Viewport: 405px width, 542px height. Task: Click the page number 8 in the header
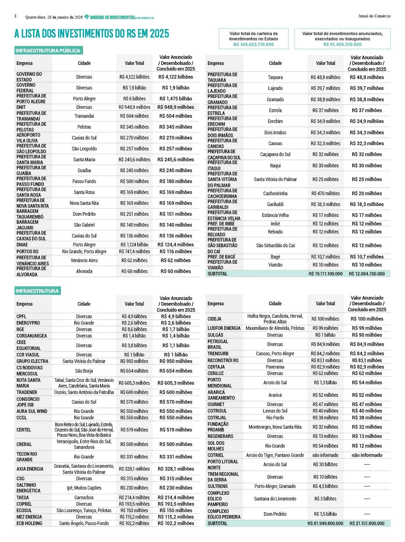point(15,16)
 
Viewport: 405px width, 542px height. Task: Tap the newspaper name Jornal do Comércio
point(374,16)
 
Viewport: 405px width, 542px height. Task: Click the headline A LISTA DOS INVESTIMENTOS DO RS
point(92,33)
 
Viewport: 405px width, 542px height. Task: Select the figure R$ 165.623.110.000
point(254,44)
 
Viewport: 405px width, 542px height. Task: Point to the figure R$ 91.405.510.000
point(342,44)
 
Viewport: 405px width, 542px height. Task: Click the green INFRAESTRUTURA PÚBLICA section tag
point(48,50)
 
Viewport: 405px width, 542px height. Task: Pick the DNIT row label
point(21,107)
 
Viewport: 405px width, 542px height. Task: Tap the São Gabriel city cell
point(84,225)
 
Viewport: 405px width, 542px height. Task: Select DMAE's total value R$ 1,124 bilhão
point(134,245)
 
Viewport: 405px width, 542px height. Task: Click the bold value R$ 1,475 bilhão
point(176,99)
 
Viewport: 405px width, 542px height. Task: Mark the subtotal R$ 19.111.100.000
point(325,274)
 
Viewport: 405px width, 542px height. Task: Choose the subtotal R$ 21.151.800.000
point(367,523)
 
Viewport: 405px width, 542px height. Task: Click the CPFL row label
point(21,317)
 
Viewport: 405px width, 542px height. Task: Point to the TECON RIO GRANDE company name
point(27,457)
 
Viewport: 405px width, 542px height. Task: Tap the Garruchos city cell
point(84,498)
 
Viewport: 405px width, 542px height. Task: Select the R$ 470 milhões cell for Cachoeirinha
point(325,194)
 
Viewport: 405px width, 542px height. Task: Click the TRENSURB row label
point(218,354)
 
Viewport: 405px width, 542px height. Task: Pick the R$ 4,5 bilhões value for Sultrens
point(325,486)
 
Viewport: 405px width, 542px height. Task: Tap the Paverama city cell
point(275,367)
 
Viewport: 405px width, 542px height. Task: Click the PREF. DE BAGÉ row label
point(221,257)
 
